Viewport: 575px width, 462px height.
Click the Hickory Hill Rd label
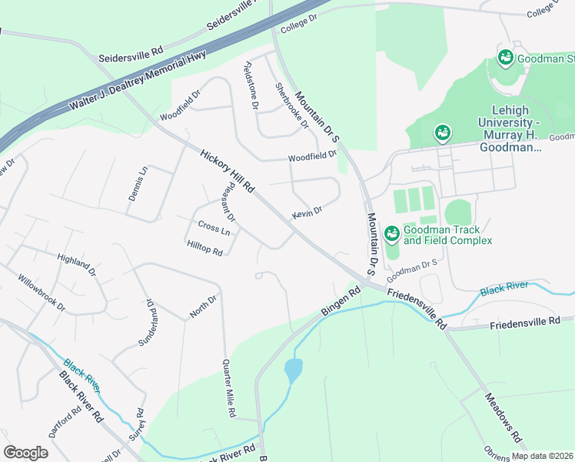click(x=227, y=171)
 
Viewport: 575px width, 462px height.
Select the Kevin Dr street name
click(x=307, y=213)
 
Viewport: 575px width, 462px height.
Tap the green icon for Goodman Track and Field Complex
click(x=391, y=233)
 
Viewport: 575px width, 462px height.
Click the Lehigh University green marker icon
click(x=442, y=133)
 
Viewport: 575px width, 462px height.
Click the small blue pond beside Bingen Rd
click(x=294, y=370)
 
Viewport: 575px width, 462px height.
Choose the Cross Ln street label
click(x=214, y=229)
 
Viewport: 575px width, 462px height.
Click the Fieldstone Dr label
click(x=249, y=86)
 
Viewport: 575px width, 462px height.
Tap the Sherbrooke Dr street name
click(x=292, y=105)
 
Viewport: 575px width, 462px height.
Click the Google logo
click(x=25, y=453)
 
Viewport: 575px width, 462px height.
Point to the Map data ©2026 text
click(x=542, y=456)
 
